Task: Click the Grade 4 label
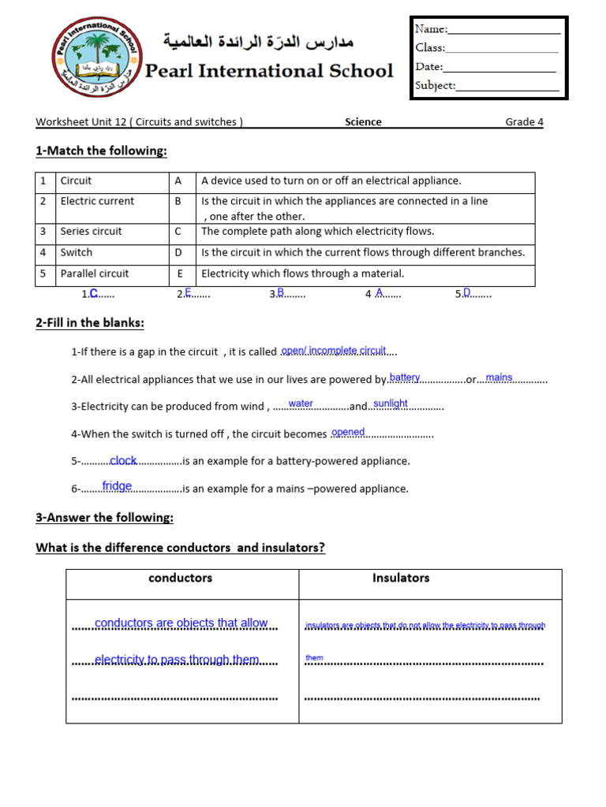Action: (524, 122)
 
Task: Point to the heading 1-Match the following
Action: (101, 151)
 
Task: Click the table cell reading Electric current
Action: (97, 201)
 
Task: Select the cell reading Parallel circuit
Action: (95, 273)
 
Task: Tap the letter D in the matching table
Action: (178, 252)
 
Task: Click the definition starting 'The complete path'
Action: (318, 232)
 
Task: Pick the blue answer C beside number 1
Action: (93, 293)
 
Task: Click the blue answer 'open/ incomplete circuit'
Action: (334, 351)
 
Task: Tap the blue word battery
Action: (405, 377)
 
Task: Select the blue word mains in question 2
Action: (499, 377)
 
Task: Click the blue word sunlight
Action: (391, 403)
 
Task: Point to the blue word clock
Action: (123, 460)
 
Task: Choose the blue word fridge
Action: (117, 486)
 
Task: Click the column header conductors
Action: (181, 578)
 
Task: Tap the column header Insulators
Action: (401, 578)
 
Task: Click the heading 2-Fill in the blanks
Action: (90, 323)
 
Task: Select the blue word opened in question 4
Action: (348, 432)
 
